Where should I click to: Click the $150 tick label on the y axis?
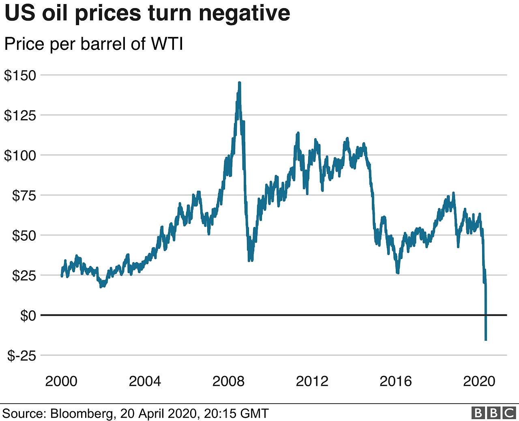(20, 75)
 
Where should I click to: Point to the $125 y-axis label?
(20, 115)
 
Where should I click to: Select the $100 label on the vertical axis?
(20, 155)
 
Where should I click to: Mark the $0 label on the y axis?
(28, 315)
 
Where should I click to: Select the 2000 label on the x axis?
(61, 381)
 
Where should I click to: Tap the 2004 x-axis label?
(145, 381)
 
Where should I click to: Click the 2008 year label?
(228, 381)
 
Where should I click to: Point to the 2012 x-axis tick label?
(312, 381)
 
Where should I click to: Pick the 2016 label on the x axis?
(395, 381)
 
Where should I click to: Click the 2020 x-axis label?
(479, 381)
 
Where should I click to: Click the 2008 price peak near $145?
(240, 83)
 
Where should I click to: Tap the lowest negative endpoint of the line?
(486, 340)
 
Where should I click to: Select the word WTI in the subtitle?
(167, 44)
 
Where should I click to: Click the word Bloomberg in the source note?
(81, 413)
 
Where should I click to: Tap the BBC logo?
(493, 413)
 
